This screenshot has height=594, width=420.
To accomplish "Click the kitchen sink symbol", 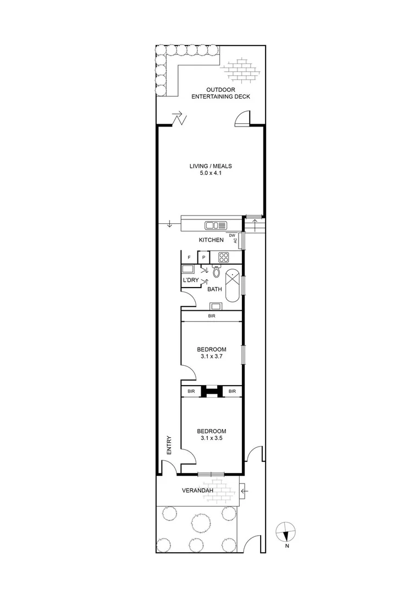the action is pos(215,226).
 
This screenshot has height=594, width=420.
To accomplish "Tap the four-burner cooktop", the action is pos(224,257).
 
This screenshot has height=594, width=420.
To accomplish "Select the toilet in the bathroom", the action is pos(216,271).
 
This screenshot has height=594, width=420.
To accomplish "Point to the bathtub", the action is pos(232,286).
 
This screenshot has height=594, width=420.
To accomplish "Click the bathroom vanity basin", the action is pos(216,306).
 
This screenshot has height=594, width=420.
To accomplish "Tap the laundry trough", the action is pos(188,269).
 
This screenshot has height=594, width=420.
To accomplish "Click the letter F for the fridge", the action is pos(189,257).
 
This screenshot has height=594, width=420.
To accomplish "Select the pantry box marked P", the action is pos(204,257).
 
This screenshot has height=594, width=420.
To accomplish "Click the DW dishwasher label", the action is pos(232,235).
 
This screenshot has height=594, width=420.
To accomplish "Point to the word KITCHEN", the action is pos(211,240).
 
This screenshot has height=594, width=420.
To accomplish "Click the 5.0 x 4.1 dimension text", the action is pos(211,173).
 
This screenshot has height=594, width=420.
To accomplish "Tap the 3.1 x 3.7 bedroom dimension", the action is pos(211,356).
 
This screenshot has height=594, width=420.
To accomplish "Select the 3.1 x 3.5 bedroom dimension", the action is pos(211,438).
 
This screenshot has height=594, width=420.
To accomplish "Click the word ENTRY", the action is pos(169,445).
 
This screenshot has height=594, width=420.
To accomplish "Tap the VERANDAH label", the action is pos(198,491).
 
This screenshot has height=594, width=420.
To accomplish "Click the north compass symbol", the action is pos(285,532).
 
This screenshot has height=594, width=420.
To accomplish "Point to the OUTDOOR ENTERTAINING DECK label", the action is pos(221,93).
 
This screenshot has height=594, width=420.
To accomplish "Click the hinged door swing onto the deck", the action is pos(242,118).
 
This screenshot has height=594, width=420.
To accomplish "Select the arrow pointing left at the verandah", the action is pos(244,491).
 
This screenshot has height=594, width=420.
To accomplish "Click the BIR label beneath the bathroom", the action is pos(211,316).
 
